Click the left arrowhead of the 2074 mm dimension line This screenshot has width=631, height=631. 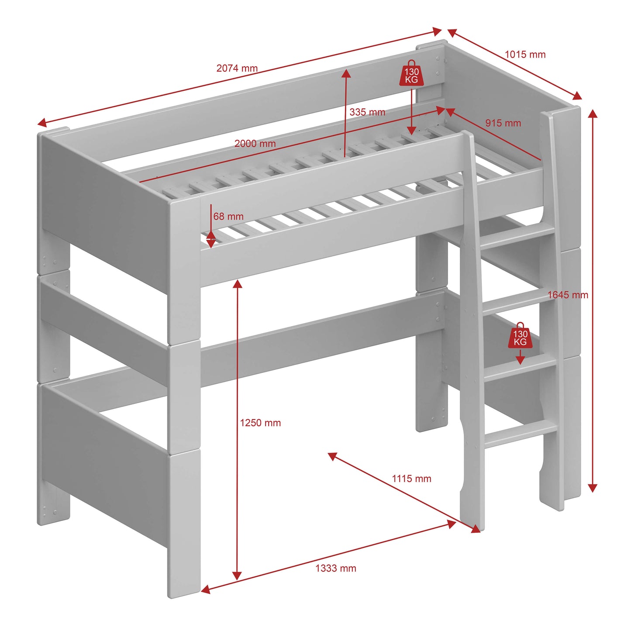pyautogui.click(x=41, y=123)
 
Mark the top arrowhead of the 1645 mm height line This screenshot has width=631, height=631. pyautogui.click(x=593, y=114)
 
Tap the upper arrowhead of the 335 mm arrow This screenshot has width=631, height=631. pyautogui.click(x=345, y=73)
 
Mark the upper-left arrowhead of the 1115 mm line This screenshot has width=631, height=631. pyautogui.click(x=332, y=455)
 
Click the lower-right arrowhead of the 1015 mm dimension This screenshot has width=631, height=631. pyautogui.click(x=577, y=96)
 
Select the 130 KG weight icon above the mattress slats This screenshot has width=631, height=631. pyautogui.click(x=412, y=73)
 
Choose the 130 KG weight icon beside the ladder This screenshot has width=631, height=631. pyautogui.click(x=521, y=336)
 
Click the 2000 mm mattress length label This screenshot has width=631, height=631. pyautogui.click(x=255, y=144)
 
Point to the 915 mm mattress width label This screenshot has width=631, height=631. pyautogui.click(x=503, y=123)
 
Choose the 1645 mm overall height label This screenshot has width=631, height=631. pyautogui.click(x=568, y=295)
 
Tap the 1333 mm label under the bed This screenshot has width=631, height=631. pyautogui.click(x=336, y=568)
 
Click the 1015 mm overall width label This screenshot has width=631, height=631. pyautogui.click(x=525, y=54)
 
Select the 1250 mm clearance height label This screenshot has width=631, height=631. pyautogui.click(x=260, y=423)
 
